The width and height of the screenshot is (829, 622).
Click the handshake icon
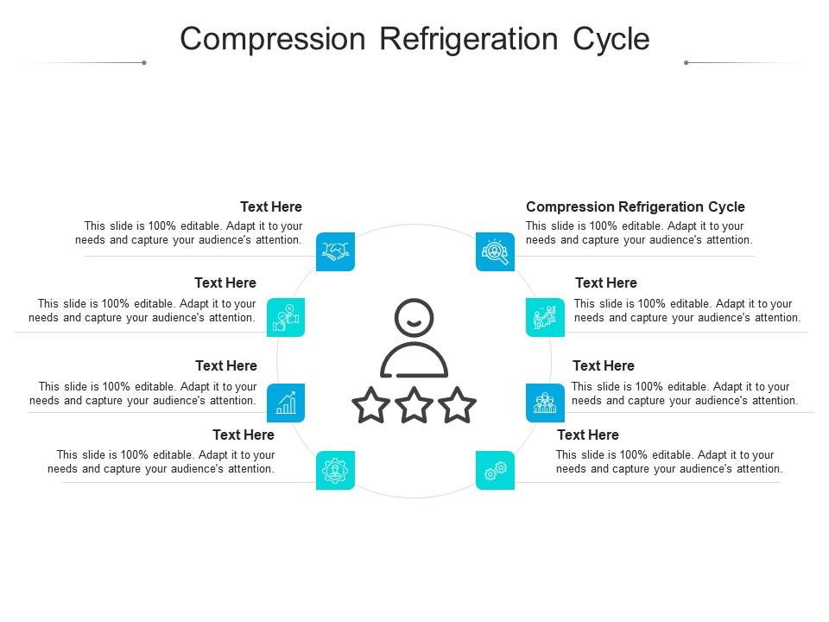pyautogui.click(x=335, y=251)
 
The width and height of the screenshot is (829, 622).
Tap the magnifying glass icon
pyautogui.click(x=495, y=251)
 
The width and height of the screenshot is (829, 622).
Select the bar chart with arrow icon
pyautogui.click(x=286, y=403)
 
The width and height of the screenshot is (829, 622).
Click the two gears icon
pyautogui.click(x=495, y=471)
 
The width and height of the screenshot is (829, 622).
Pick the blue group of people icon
pyautogui.click(x=545, y=403)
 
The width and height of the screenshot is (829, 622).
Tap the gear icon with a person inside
pyautogui.click(x=335, y=471)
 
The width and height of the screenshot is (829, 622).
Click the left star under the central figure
pyautogui.click(x=371, y=405)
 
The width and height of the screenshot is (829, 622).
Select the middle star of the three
pyautogui.click(x=414, y=405)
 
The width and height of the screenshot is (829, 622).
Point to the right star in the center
pyautogui.click(x=457, y=405)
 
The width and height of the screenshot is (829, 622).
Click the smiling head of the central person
pyautogui.click(x=414, y=318)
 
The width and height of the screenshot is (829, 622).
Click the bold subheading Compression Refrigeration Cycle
pyautogui.click(x=635, y=207)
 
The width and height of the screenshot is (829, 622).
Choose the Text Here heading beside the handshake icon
pyautogui.click(x=270, y=207)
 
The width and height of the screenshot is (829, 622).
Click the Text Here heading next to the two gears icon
pyautogui.click(x=587, y=435)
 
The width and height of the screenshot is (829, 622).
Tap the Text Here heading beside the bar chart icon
pyautogui.click(x=225, y=366)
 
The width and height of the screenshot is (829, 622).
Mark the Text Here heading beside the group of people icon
pyautogui.click(x=603, y=366)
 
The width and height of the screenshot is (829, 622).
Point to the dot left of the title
pyautogui.click(x=144, y=62)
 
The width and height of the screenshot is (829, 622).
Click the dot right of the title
pyautogui.click(x=686, y=62)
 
